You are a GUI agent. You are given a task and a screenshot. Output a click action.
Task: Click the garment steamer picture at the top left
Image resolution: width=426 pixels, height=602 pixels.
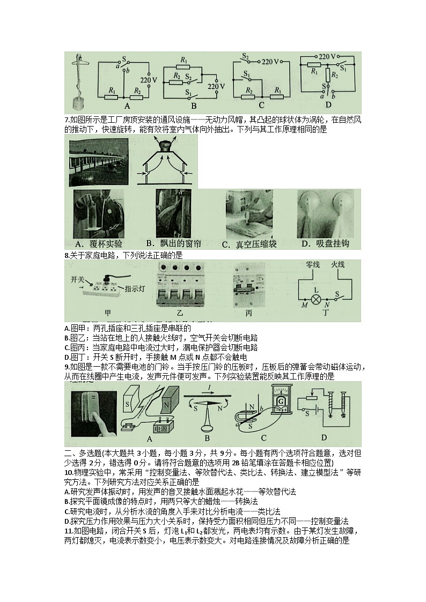pos(80,80)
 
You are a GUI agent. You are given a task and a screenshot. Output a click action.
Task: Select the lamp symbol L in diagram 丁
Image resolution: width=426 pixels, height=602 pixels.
pos(317,299)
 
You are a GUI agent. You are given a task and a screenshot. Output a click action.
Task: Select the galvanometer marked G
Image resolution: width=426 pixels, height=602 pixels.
pos(278,401)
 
